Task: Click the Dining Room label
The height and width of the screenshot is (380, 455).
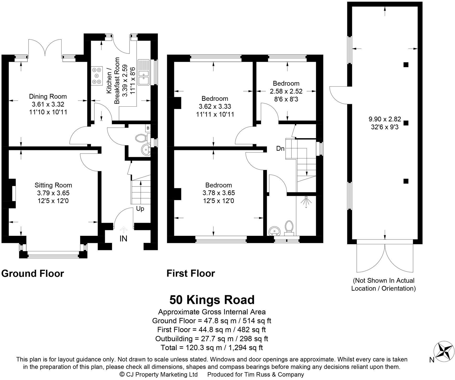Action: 48,96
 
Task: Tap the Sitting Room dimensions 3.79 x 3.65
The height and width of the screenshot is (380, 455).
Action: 53,193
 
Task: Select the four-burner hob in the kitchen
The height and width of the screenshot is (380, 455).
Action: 97,76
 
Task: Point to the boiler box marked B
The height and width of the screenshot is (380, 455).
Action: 148,128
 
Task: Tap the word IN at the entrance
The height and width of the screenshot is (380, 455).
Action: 123,238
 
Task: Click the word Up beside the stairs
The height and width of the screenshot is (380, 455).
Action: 140,209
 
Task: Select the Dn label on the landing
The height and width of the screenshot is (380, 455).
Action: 280,149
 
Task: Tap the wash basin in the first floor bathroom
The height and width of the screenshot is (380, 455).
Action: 274,231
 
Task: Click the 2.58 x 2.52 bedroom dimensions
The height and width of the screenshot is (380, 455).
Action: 286,91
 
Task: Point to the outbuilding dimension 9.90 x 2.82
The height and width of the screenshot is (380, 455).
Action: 385,119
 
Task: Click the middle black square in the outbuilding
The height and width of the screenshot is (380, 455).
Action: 406,123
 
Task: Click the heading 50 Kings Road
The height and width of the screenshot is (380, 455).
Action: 212,300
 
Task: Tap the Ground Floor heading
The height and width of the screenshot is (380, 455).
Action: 32,273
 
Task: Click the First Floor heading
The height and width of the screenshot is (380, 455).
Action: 191,273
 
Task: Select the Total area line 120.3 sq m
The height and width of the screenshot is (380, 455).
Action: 212,348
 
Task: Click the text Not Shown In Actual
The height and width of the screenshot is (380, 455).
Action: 384,280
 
